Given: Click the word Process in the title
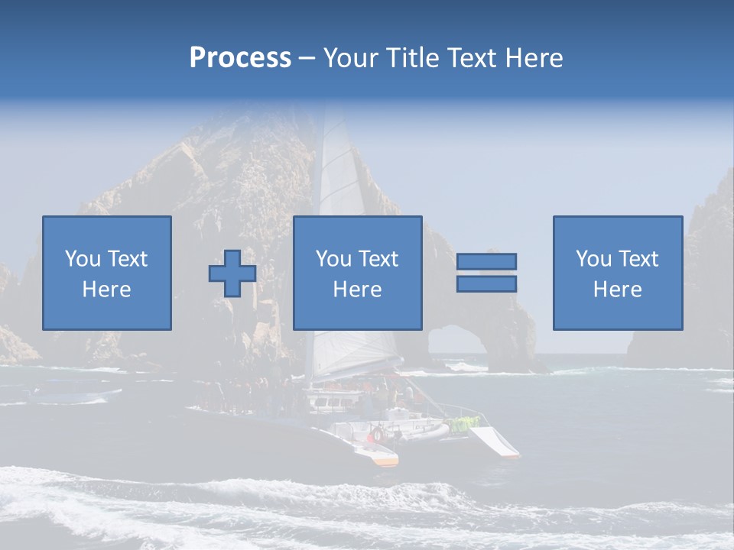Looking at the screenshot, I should tap(240, 58).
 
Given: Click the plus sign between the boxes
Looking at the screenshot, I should tap(232, 273).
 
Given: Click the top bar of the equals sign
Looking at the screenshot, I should tap(486, 262).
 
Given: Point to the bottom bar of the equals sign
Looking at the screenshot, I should tap(486, 283).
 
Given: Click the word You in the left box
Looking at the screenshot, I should tap(83, 259).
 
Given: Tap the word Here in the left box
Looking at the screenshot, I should tap(107, 290).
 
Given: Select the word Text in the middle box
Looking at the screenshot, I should tap(378, 259).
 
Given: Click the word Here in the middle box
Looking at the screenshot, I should tap(358, 290).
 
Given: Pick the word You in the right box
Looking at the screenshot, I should tap(593, 259).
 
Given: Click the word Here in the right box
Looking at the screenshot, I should tap(618, 290).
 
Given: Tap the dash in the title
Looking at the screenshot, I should tap(307, 58).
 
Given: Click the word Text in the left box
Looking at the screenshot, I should tap(128, 259).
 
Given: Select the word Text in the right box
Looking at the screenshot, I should tap(638, 259).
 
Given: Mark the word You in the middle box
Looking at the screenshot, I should tap(333, 259).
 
